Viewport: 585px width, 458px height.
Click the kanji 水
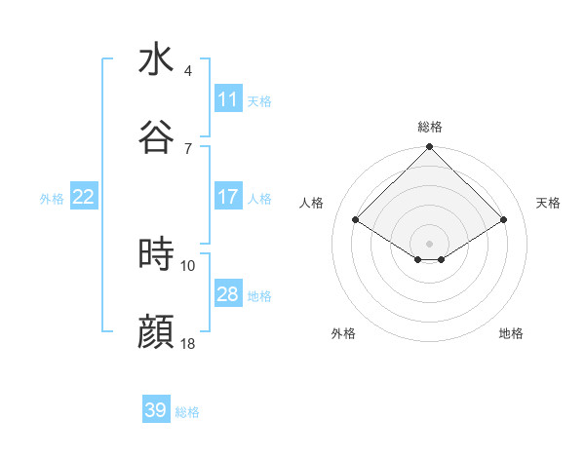(x=156, y=59)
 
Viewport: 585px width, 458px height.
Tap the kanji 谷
(x=156, y=137)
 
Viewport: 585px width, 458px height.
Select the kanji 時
(x=156, y=255)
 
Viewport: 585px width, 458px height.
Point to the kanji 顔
(x=156, y=332)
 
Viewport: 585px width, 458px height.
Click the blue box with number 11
(x=227, y=99)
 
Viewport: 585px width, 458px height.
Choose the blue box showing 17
(x=227, y=197)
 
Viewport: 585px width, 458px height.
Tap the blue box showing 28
(x=227, y=294)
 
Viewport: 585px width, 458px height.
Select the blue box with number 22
(x=83, y=197)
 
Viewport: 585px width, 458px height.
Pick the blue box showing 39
(x=156, y=410)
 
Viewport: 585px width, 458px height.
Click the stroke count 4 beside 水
(x=188, y=71)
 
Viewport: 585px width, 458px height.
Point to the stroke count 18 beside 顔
(x=188, y=344)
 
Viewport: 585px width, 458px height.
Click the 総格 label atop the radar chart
(x=429, y=127)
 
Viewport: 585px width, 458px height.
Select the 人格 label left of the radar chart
(x=312, y=203)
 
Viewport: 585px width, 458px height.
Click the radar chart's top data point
(x=429, y=148)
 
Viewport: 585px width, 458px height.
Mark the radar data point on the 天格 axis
(x=504, y=220)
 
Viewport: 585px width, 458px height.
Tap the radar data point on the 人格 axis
(x=356, y=219)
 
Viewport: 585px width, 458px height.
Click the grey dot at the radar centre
(x=429, y=243)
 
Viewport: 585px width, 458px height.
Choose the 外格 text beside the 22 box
(x=52, y=198)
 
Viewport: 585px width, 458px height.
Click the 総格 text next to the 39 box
(x=187, y=412)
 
